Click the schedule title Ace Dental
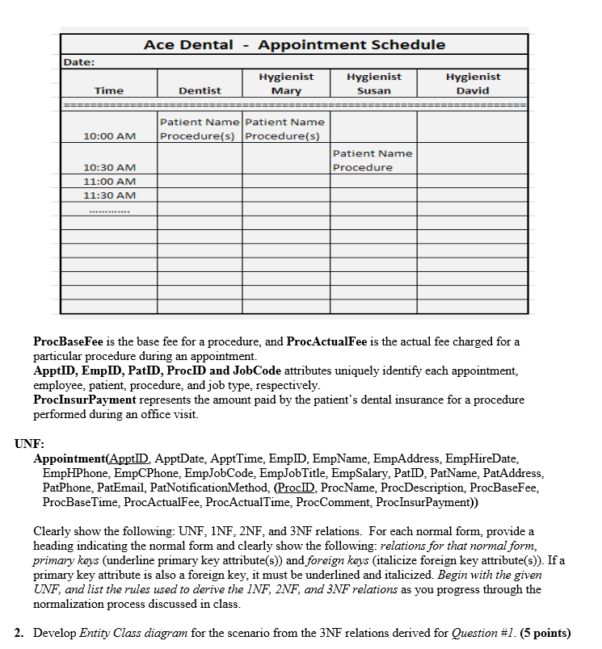(x=188, y=45)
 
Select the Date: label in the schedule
(x=79, y=61)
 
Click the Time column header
(x=109, y=90)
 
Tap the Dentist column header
(x=200, y=90)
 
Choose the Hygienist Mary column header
(x=286, y=83)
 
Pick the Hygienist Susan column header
(x=373, y=83)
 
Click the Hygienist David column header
(x=473, y=83)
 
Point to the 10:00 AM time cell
(x=109, y=136)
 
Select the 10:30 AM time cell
(x=109, y=167)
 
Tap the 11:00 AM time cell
(x=109, y=182)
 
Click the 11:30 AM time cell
(x=109, y=195)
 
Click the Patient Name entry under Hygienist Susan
(x=373, y=153)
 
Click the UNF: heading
(x=29, y=444)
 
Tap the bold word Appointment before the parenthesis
(x=70, y=458)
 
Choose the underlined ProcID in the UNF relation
(x=294, y=488)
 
